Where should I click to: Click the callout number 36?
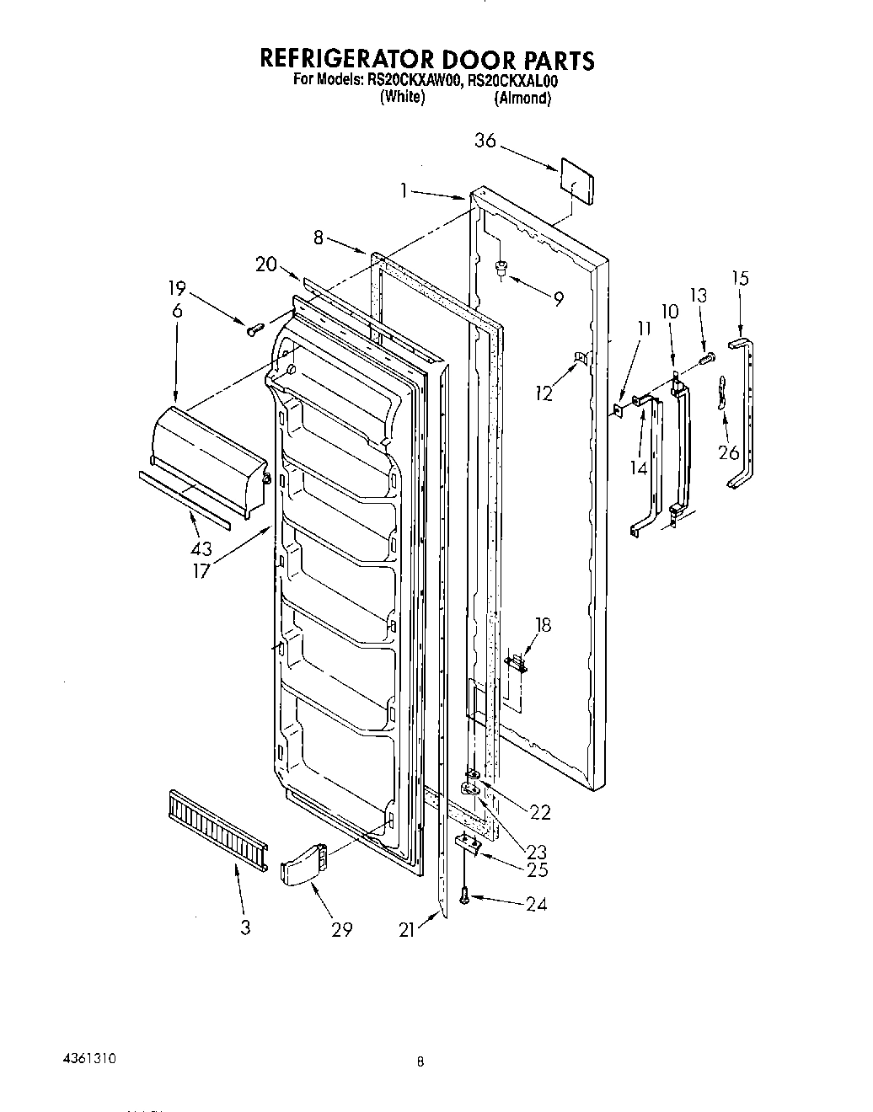click(485, 141)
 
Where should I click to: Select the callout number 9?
click(559, 297)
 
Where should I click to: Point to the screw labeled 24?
click(464, 899)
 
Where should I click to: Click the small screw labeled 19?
click(251, 329)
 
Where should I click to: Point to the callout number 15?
click(740, 278)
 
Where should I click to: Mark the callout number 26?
click(729, 452)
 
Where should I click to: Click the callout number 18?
click(544, 624)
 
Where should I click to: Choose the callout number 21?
click(408, 929)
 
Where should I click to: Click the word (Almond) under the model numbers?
click(523, 98)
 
